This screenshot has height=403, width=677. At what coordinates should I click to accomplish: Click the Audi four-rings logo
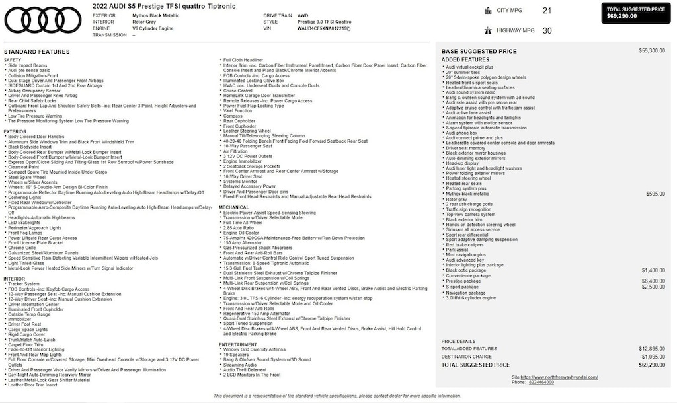[43, 20]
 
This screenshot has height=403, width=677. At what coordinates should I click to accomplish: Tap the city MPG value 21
[547, 11]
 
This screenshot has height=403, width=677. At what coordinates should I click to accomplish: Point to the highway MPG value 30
[547, 30]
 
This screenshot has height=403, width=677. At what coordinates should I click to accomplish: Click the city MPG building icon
[488, 11]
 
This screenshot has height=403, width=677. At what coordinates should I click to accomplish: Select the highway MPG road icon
[488, 30]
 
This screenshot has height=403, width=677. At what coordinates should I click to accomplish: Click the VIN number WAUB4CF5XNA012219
[323, 29]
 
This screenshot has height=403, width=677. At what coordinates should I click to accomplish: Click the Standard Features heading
[36, 52]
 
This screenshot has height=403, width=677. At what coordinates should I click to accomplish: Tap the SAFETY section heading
[13, 60]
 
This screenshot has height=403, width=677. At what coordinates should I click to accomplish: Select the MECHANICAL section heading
[234, 207]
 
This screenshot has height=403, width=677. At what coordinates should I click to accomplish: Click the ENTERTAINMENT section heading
[238, 344]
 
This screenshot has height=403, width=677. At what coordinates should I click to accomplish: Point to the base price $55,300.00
[652, 51]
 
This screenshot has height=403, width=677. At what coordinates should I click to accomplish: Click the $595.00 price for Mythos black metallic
[655, 194]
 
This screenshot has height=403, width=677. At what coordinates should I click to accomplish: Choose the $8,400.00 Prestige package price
[653, 281]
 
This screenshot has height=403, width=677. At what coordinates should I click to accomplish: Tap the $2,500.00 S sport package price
[653, 287]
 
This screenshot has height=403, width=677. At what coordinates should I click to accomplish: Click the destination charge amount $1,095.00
[653, 357]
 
